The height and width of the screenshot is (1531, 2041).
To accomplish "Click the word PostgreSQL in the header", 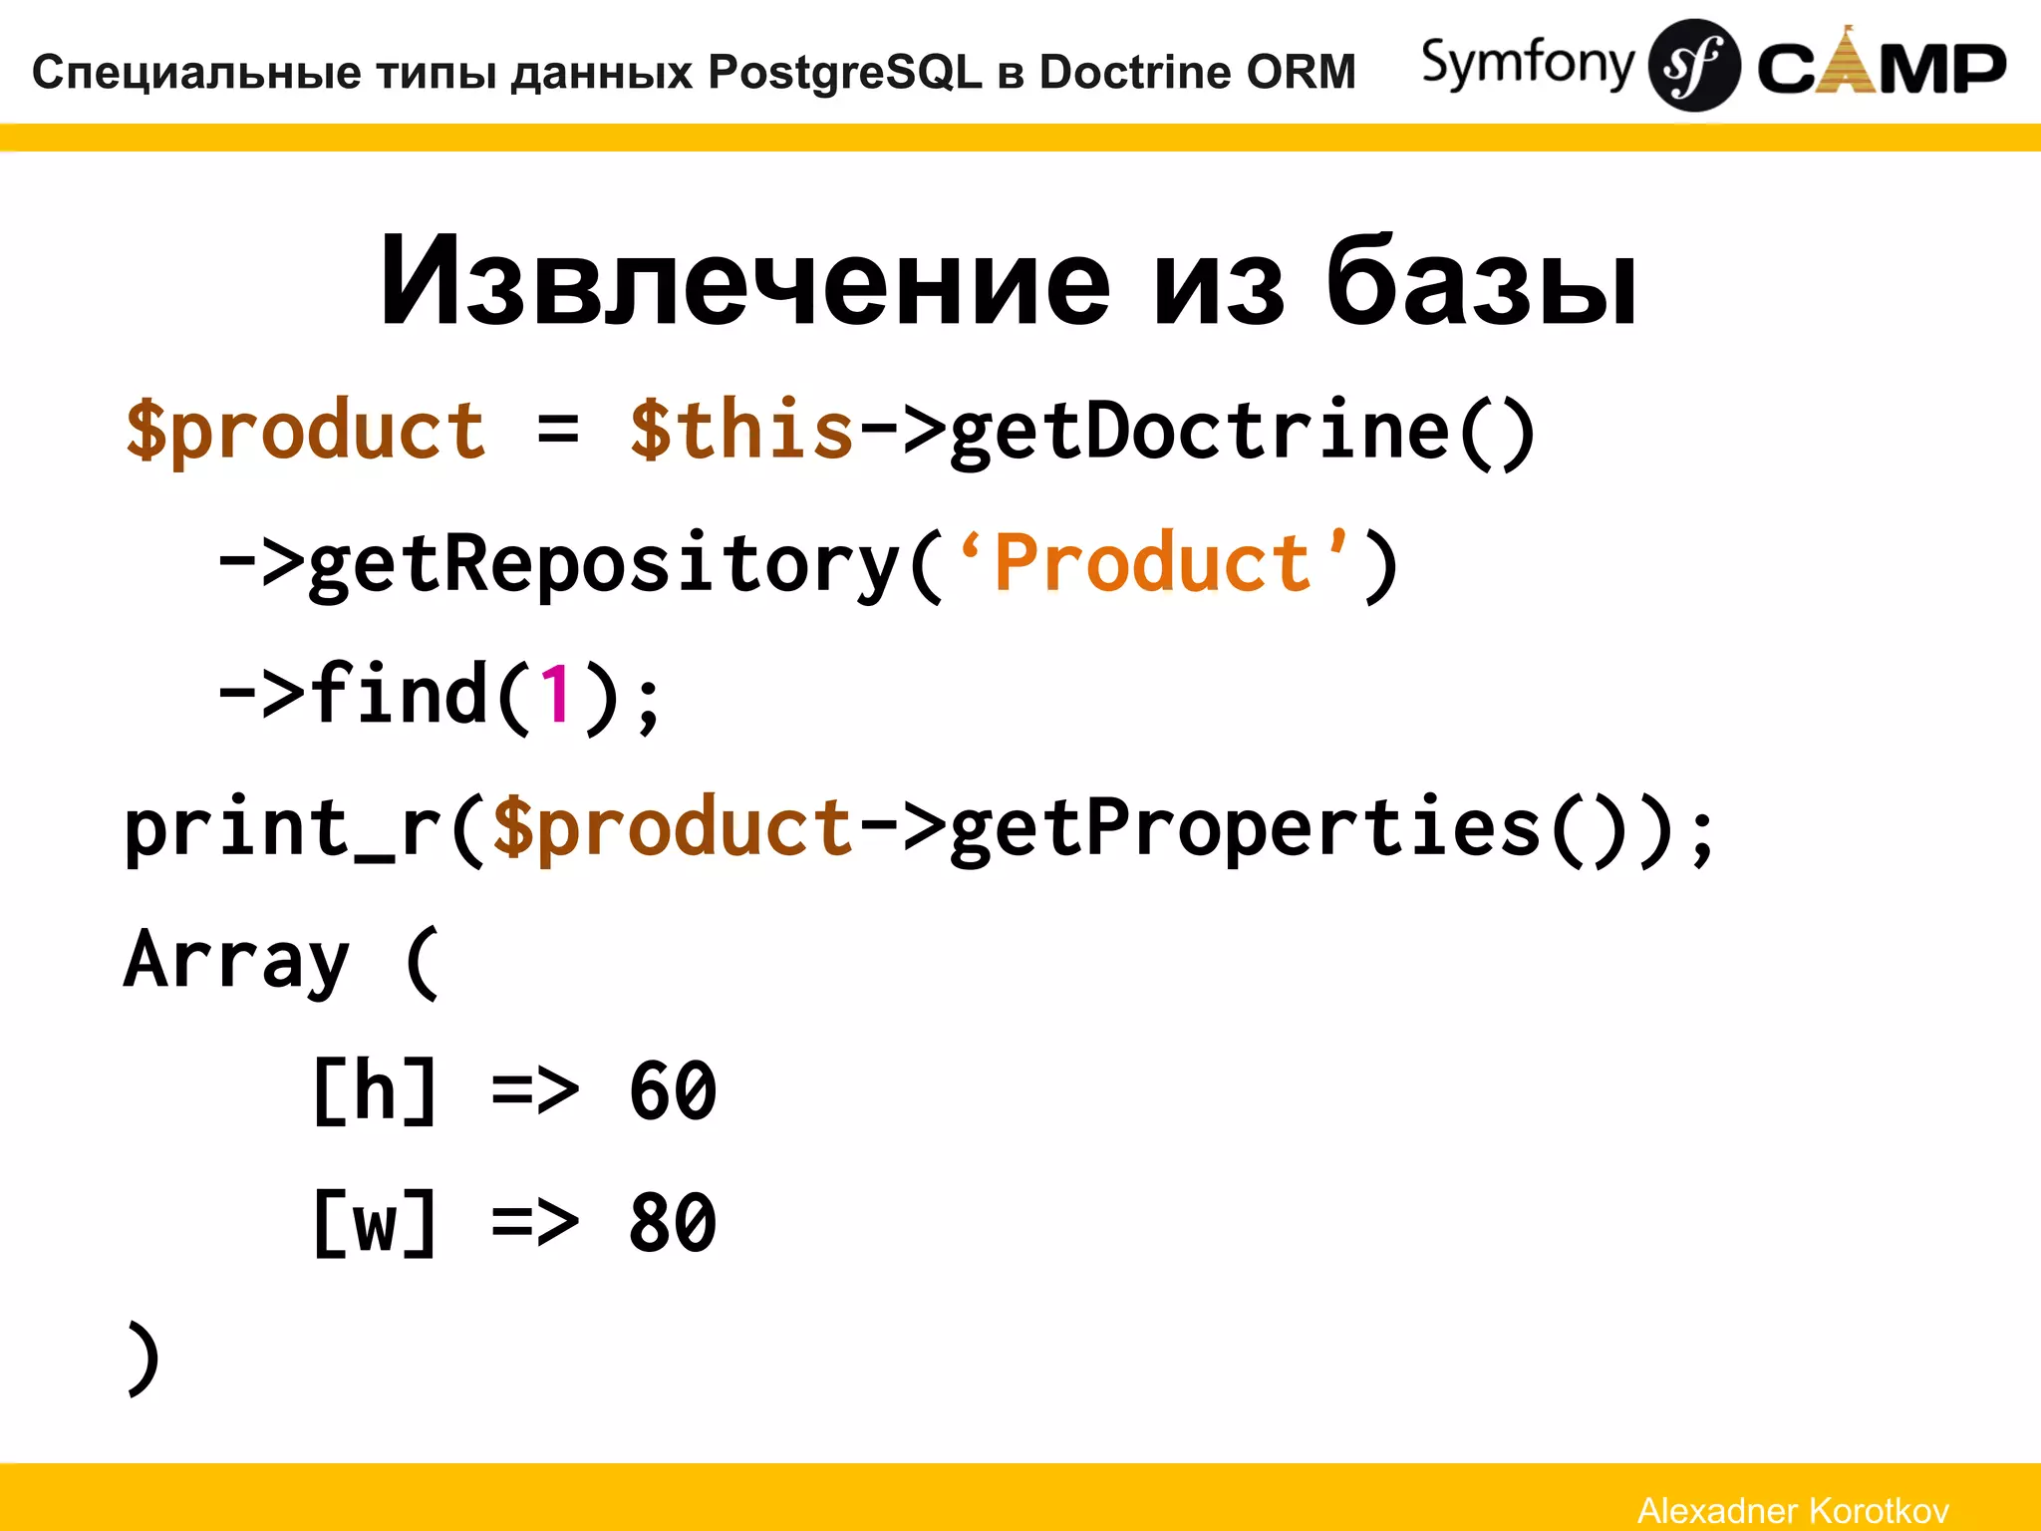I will tap(845, 73).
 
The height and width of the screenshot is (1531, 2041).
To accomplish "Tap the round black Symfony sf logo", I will tap(1693, 66).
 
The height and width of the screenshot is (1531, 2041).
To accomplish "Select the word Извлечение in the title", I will tap(744, 282).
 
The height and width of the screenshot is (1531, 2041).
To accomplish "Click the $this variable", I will tap(741, 431).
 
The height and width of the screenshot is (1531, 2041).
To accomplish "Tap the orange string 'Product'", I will tap(1151, 564).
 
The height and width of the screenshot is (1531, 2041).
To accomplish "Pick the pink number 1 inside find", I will tap(556, 695).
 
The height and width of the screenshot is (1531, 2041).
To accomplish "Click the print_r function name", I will tap(283, 828).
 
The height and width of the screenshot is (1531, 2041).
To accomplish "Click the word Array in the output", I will tap(236, 960).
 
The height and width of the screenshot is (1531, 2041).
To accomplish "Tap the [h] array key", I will tap(374, 1090).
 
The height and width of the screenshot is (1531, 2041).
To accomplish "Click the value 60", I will tap(673, 1090).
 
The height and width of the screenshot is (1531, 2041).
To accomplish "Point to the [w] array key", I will tap(374, 1223).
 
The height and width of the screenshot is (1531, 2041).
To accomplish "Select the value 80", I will tap(673, 1223).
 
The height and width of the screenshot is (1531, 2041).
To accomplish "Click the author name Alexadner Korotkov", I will tap(1793, 1510).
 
